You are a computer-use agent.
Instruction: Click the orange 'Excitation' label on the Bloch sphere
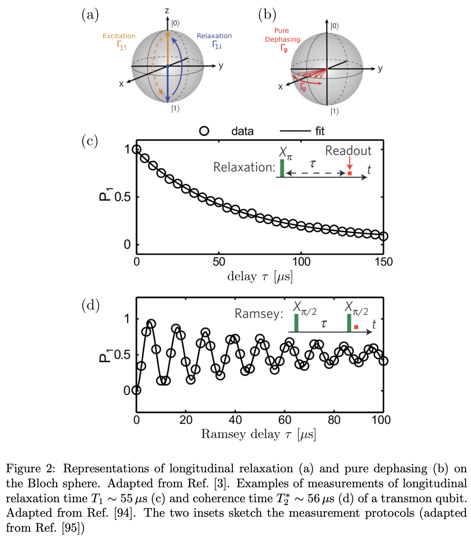(x=120, y=36)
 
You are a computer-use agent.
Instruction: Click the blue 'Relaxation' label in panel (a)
(x=214, y=36)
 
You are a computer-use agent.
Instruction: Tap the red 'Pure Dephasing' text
(x=283, y=36)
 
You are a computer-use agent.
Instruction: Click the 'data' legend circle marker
(x=204, y=131)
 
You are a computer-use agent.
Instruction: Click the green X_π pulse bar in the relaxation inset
(x=282, y=168)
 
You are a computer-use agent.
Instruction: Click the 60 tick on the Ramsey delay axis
(x=285, y=419)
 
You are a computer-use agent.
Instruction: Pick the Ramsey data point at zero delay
(x=136, y=390)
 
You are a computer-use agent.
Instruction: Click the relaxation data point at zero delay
(x=136, y=149)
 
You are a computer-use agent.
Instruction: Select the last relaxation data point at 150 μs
(x=383, y=236)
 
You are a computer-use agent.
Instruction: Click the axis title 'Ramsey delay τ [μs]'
(x=258, y=434)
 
